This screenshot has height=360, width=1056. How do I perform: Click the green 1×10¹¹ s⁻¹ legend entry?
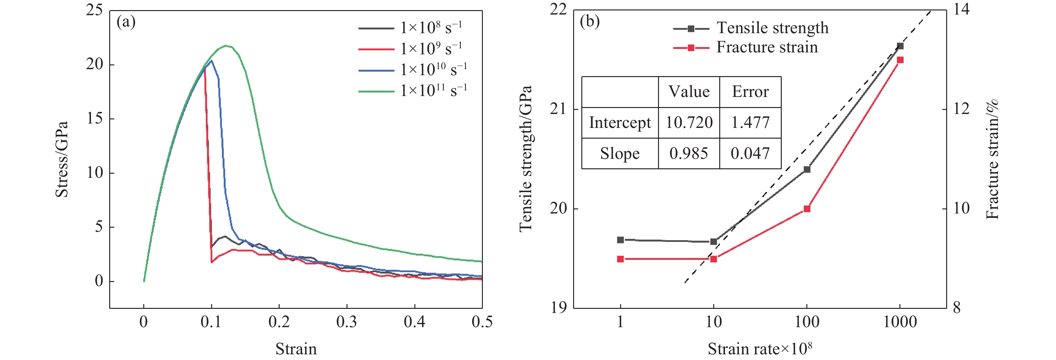click(x=412, y=91)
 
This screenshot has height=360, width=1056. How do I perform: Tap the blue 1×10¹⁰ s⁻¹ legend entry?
click(x=412, y=70)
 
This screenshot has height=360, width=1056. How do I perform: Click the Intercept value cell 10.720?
click(x=689, y=123)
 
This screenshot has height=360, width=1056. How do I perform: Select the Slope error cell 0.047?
click(x=750, y=153)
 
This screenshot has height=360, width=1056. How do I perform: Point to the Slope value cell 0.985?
click(x=689, y=153)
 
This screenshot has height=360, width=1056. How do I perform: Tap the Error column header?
click(x=750, y=92)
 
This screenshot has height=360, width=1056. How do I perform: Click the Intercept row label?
click(x=620, y=123)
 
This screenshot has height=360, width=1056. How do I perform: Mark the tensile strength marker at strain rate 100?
click(x=807, y=169)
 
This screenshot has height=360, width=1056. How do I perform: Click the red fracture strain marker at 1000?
click(x=900, y=60)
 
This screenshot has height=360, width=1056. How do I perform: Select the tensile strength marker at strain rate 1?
click(x=620, y=240)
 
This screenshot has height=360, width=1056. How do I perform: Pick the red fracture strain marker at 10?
click(x=713, y=259)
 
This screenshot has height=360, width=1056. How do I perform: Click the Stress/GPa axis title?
click(x=62, y=159)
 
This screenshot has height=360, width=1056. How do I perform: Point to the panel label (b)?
click(x=590, y=21)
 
